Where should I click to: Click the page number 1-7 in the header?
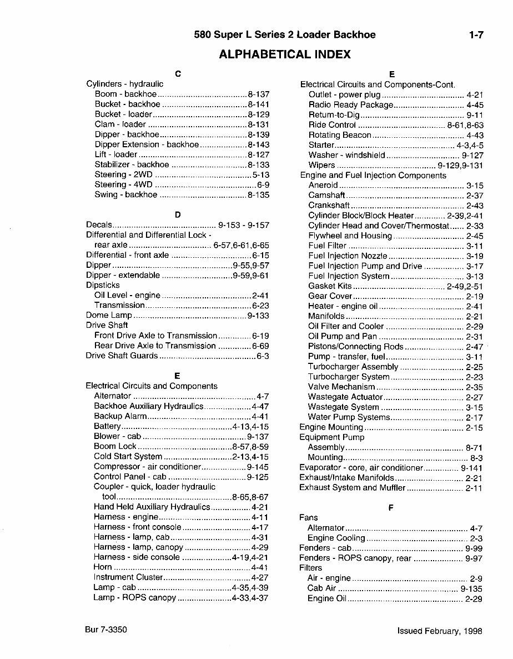coord(476,35)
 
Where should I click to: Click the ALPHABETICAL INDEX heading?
coord(285,54)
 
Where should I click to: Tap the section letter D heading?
coord(177,214)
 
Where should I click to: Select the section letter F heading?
coord(391,507)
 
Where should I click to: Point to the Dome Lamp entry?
coord(109,316)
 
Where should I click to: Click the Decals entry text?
coord(99,225)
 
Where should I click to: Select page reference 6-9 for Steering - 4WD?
coord(263,184)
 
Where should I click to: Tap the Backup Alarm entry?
coord(120,416)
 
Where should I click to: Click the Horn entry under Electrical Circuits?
coord(103,568)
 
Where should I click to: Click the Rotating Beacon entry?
coord(340,135)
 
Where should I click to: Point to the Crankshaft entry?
coord(329,206)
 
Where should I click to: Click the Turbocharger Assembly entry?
coord(353,367)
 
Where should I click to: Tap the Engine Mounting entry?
coord(331,427)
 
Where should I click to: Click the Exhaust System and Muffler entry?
coord(353,488)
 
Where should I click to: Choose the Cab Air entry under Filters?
coord(321,588)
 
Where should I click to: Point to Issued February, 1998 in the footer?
coord(440,631)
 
